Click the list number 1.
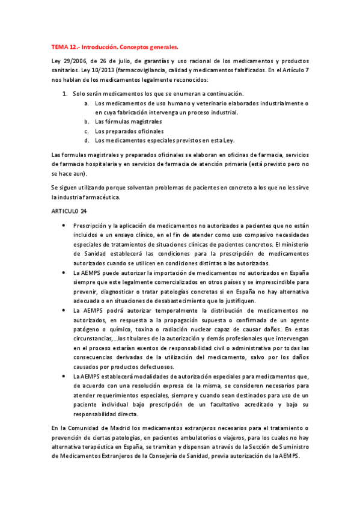pyautogui.click(x=65, y=94)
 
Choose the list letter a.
pyautogui.click(x=87, y=103)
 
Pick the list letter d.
pyautogui.click(x=87, y=141)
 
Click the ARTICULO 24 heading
pyautogui.click(x=69, y=211)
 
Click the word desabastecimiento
pyautogui.click(x=181, y=300)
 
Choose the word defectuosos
pyautogui.click(x=153, y=366)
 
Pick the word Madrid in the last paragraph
pyautogui.click(x=123, y=428)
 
